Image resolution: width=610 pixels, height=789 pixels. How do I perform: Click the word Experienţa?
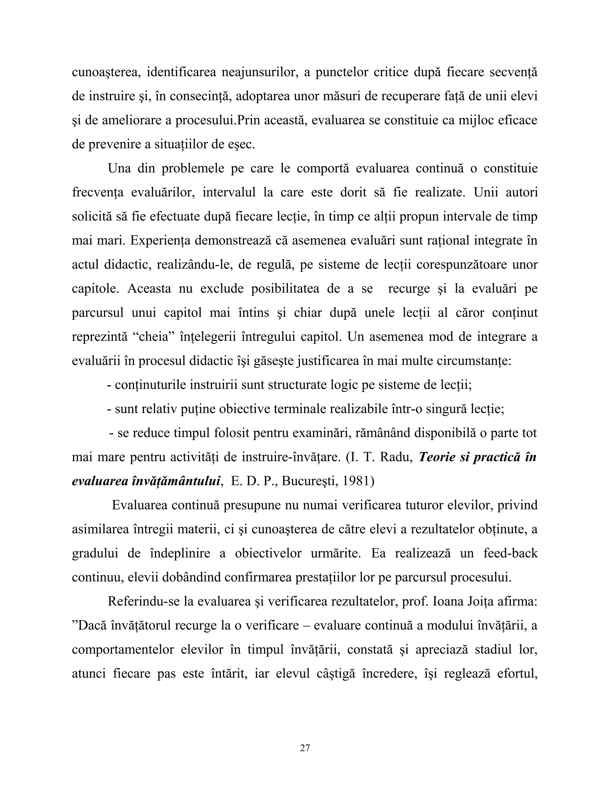[160, 241]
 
